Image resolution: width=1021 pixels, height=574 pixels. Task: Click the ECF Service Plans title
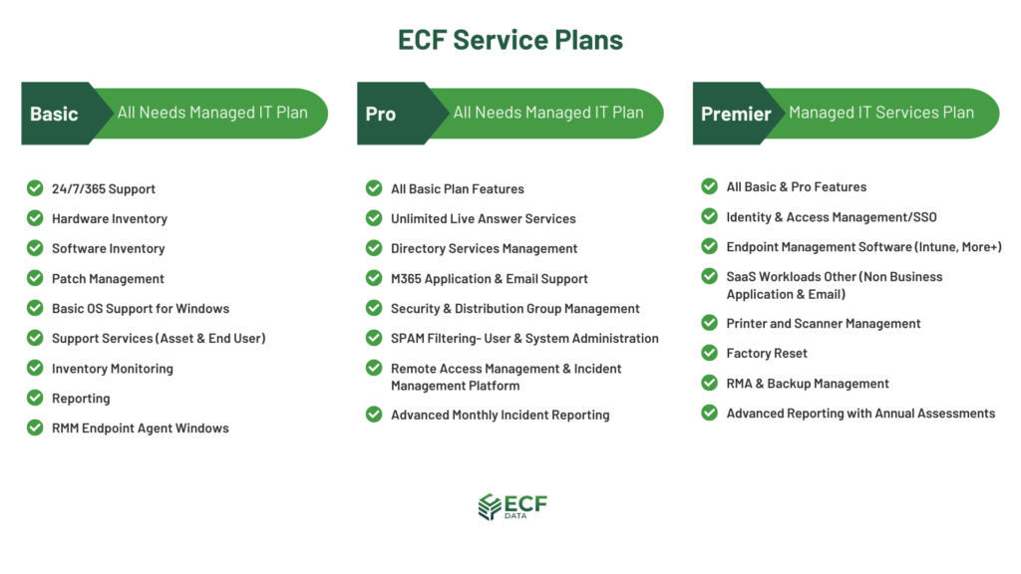point(510,40)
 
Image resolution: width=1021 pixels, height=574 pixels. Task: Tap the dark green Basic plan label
point(54,114)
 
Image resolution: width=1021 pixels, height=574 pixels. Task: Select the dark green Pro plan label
point(380,114)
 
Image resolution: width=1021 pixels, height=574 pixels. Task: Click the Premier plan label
point(736,114)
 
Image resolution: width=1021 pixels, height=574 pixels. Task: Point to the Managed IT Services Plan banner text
point(881,113)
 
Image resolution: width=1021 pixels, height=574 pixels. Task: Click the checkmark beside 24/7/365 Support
point(35,188)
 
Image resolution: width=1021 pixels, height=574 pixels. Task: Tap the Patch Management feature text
point(108,279)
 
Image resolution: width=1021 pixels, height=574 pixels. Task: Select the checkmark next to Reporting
point(35,398)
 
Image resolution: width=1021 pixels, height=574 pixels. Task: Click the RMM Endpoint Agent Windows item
point(141,429)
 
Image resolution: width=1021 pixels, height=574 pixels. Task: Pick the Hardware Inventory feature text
point(110,218)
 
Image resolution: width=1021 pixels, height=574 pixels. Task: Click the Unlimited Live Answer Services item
point(484,218)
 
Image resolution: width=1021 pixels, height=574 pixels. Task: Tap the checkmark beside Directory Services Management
point(374,248)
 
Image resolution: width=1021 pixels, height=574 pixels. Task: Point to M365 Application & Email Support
point(489,279)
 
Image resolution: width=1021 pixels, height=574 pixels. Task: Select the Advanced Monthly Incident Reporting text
point(501,415)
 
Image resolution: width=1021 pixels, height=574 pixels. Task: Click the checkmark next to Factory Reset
point(709,353)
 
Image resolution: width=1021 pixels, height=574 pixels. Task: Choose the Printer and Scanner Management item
point(823,324)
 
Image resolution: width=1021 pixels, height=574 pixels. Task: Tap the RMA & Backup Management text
point(808,384)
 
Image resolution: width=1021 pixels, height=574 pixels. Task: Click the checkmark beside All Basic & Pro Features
point(709,186)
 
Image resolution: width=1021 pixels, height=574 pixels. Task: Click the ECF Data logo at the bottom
point(512,507)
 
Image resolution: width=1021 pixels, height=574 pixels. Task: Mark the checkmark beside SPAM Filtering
point(374,338)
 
